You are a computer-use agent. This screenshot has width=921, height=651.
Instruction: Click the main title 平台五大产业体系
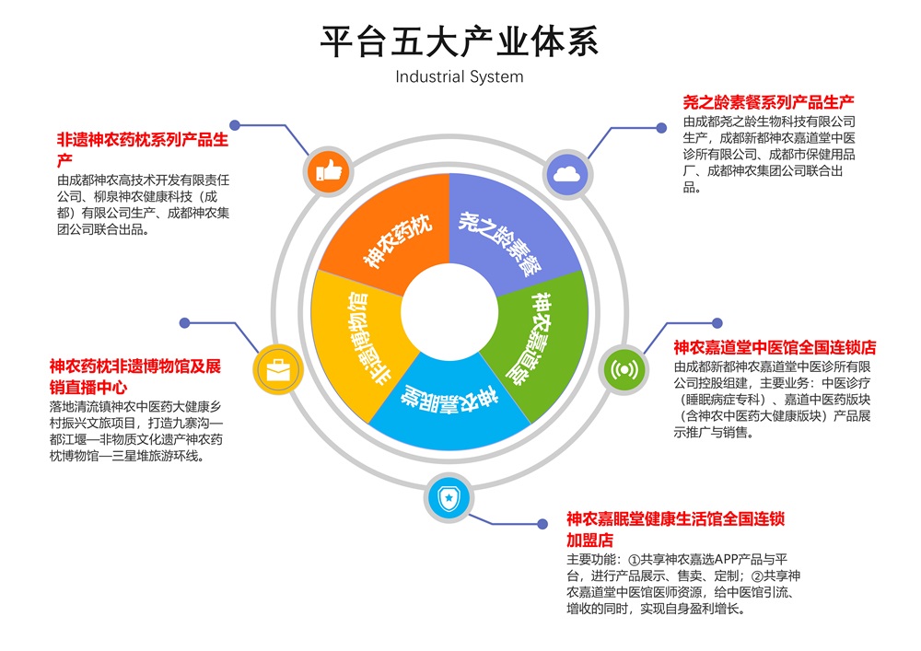(459, 41)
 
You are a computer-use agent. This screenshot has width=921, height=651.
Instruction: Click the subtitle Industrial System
(460, 77)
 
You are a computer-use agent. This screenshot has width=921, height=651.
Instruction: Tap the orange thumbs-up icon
(329, 171)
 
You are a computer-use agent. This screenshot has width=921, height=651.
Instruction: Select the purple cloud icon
(567, 174)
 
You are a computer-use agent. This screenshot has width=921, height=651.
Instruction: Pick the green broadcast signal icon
(624, 370)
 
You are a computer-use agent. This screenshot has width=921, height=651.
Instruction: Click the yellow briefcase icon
(278, 370)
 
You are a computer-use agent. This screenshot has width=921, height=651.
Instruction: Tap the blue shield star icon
(449, 498)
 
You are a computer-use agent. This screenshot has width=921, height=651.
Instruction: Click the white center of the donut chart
(450, 312)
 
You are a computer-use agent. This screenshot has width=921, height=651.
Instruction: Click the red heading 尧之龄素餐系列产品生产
(768, 103)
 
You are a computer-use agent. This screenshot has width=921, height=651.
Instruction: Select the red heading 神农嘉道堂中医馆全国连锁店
(775, 347)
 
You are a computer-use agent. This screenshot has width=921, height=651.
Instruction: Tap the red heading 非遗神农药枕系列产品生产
(143, 150)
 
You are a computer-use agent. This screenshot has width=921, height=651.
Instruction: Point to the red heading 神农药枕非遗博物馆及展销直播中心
(135, 377)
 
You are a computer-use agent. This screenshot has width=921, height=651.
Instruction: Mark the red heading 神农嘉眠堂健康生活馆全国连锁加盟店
(675, 529)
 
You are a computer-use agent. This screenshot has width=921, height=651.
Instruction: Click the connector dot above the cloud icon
(661, 127)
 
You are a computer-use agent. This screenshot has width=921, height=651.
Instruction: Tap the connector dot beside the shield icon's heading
(542, 524)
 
